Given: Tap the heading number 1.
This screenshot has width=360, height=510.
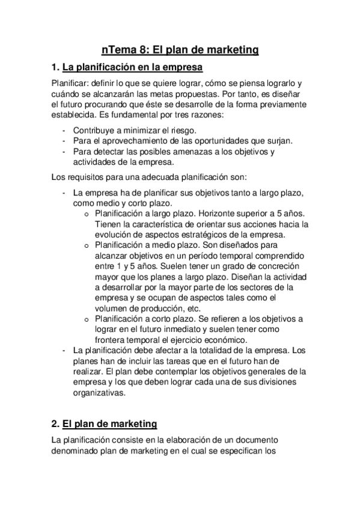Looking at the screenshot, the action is coord(55,67).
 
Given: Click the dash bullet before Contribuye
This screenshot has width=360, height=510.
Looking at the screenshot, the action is coord(64,130).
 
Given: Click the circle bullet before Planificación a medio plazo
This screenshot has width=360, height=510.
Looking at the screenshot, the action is coord(87,245).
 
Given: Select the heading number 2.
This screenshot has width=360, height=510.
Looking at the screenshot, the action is coord(55,423).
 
